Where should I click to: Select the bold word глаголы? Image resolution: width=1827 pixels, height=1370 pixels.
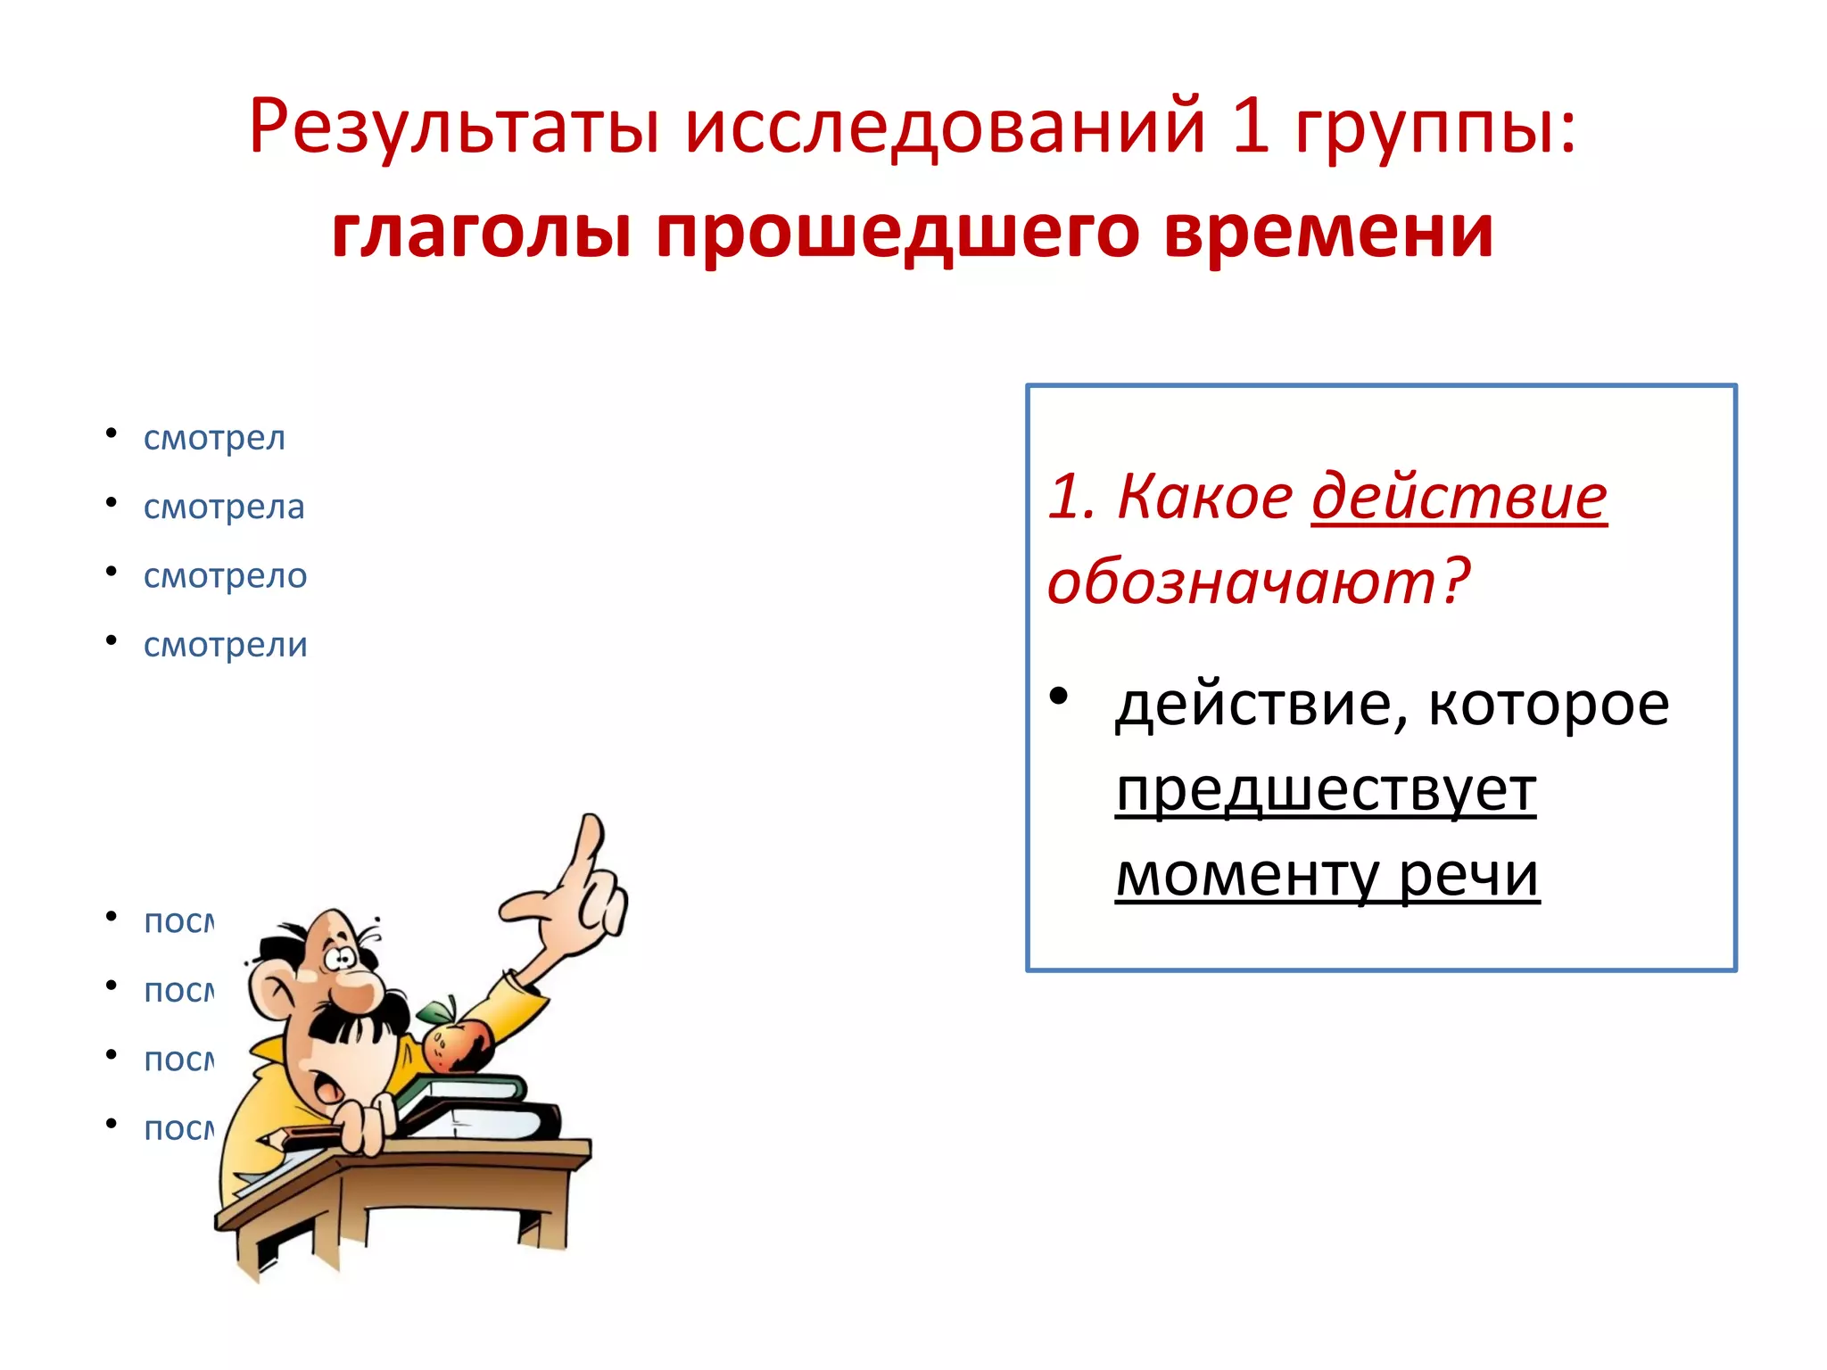(482, 232)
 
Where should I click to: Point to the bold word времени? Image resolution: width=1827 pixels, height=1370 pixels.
(1329, 232)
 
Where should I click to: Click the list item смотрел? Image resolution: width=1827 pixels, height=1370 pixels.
(214, 438)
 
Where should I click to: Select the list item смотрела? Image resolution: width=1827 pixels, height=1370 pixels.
(224, 507)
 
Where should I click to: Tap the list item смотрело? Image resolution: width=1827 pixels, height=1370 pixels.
(225, 576)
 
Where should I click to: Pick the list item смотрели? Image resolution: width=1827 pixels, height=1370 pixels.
(225, 645)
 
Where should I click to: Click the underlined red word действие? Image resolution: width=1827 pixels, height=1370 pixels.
(1459, 496)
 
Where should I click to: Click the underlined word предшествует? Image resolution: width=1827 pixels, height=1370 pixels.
(1326, 790)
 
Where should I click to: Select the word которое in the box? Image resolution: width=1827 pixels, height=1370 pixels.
(1549, 705)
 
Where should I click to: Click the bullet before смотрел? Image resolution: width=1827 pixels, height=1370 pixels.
(112, 434)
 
